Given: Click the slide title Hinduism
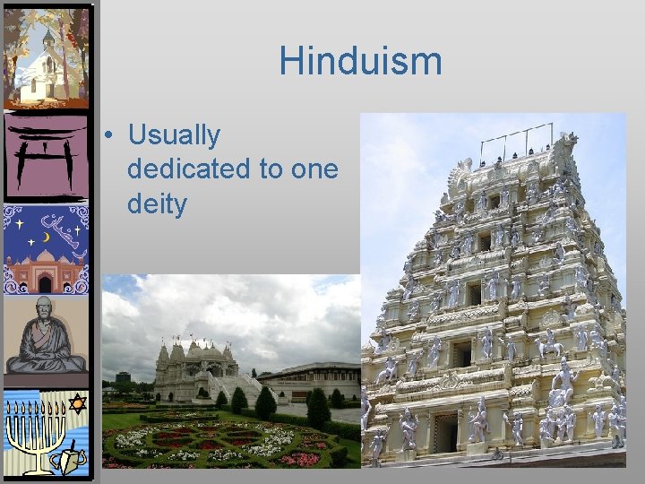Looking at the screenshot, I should pos(360,61).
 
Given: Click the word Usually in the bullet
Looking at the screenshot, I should pos(174,135).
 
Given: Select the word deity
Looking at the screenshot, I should pos(157,203).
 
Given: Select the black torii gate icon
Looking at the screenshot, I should pos(46,157).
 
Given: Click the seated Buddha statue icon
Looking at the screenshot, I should pos(47,336).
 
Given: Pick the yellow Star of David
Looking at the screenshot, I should pos(77,404).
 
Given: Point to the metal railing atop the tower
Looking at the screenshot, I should pos(514,143).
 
